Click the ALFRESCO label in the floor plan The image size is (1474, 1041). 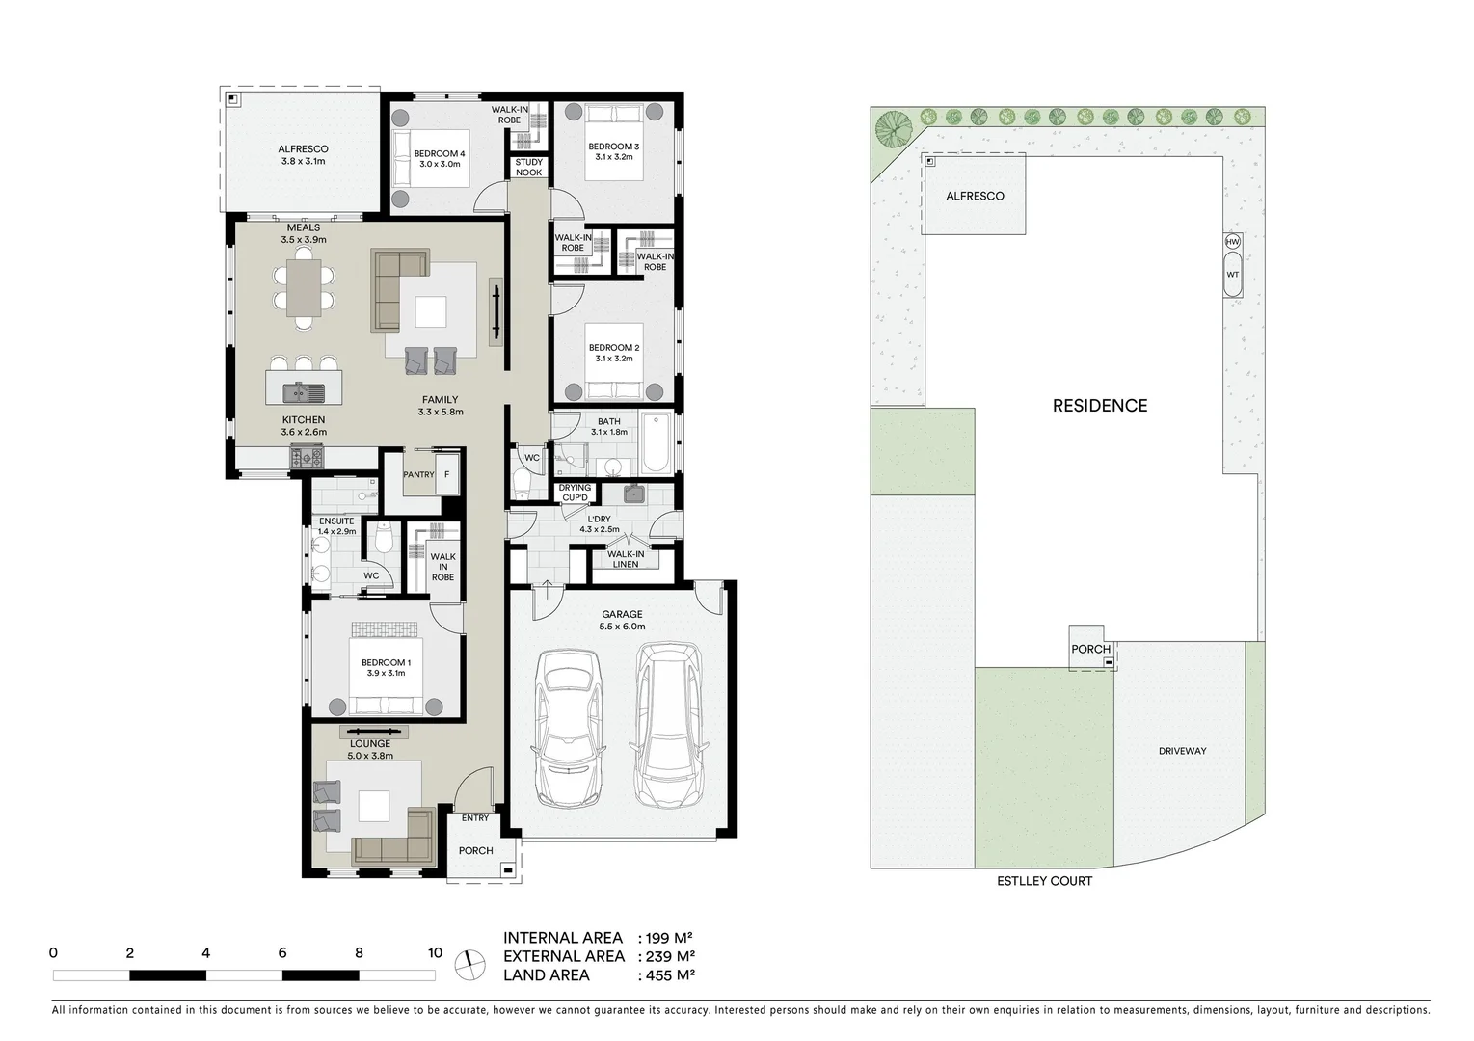tap(303, 155)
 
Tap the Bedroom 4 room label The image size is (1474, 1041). tap(440, 159)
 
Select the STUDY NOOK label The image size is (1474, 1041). tap(528, 168)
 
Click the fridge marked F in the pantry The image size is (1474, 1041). tap(446, 475)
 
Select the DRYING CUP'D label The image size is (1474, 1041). tap(575, 494)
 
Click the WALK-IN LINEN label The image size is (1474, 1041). tap(625, 559)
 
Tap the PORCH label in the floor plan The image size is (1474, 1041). tap(475, 850)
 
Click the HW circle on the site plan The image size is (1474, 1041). tap(1232, 241)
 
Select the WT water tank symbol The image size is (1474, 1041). tap(1232, 274)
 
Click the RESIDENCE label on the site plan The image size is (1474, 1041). tap(1099, 406)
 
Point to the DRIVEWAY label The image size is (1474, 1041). tap(1182, 751)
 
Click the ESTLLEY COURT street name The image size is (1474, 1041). tap(1045, 881)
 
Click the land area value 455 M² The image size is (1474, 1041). tap(670, 974)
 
